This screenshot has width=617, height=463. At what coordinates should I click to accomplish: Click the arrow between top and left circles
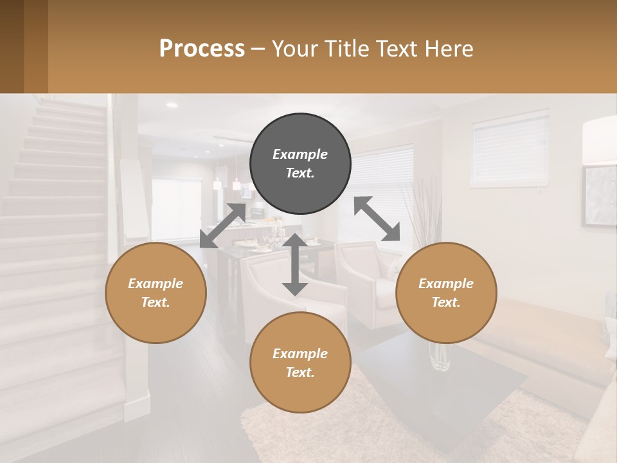(x=223, y=226)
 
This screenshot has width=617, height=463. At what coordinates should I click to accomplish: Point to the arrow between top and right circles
(x=377, y=219)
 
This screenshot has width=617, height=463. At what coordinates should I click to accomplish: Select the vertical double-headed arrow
(x=295, y=264)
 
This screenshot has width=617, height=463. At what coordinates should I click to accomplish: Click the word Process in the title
(x=202, y=48)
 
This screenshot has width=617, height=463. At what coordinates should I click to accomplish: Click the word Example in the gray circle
(x=300, y=154)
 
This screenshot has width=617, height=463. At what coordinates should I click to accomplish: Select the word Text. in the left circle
(x=156, y=302)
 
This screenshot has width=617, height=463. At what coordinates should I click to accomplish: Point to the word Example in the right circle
(x=446, y=284)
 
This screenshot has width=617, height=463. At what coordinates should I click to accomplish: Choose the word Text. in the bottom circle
(x=300, y=372)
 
